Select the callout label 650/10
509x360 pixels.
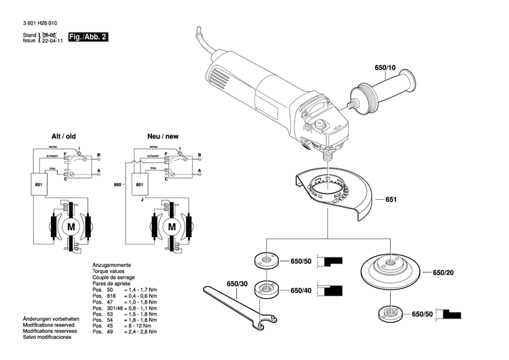click(x=384, y=68)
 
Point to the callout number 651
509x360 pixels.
click(x=390, y=200)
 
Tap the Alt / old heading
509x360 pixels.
click(x=66, y=136)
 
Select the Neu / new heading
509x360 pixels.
click(x=163, y=136)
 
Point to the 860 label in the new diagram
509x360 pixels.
click(x=117, y=184)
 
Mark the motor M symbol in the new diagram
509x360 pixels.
click(x=172, y=225)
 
